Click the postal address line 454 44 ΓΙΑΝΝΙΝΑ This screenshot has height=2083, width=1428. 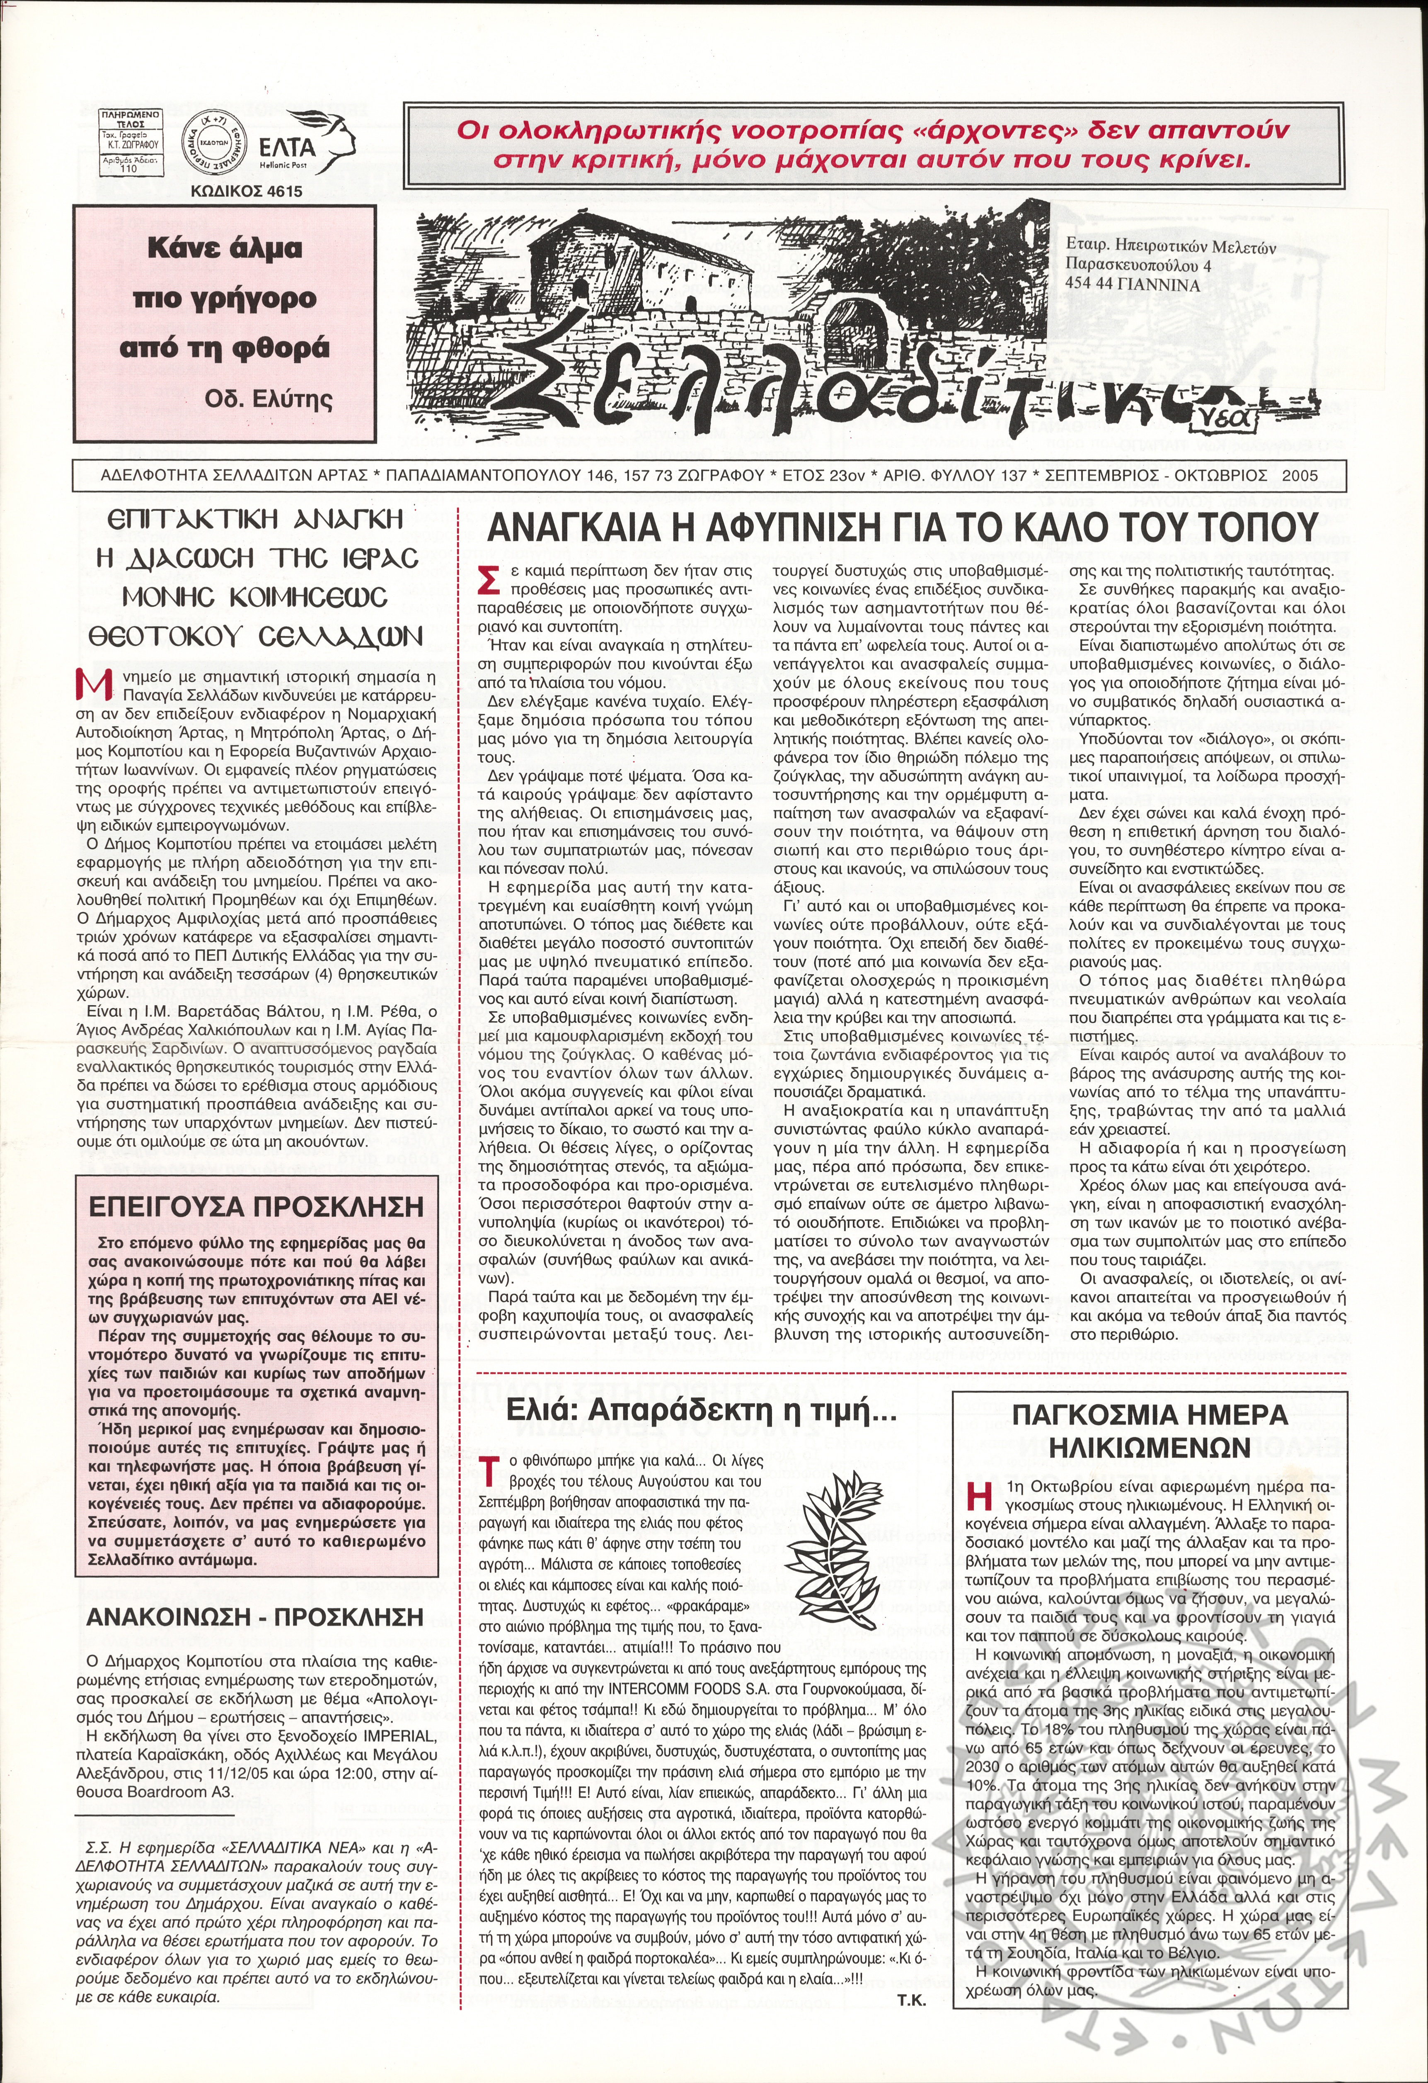tap(1133, 287)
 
